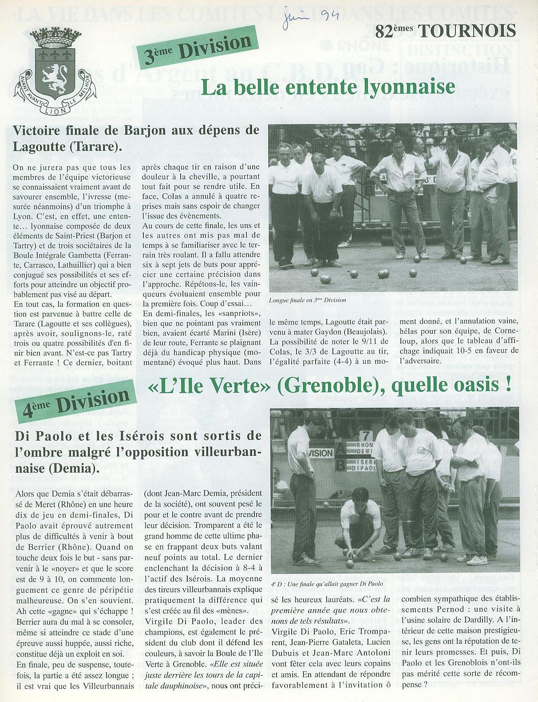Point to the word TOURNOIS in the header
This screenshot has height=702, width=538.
tap(467, 31)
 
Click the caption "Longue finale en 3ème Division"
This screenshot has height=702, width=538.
tap(308, 300)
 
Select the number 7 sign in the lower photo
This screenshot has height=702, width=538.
tap(366, 436)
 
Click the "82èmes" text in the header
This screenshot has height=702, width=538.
tap(394, 31)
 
